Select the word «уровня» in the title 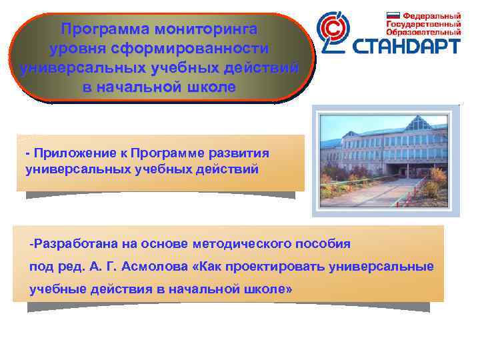pos(77,49)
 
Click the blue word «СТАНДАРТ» pos(406,46)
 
